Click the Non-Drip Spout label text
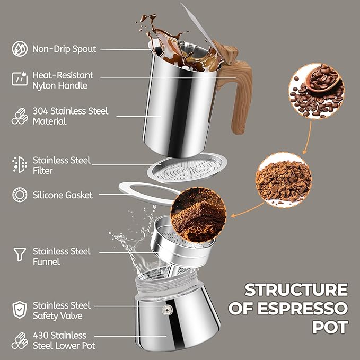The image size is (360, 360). tap(64, 49)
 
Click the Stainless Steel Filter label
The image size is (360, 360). tap(62, 165)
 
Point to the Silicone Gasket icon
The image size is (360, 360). tap(19, 195)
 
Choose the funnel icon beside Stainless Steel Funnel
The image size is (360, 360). tap(19, 256)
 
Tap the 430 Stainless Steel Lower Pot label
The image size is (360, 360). tap(64, 340)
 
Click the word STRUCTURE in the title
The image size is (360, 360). tap(296, 290)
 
